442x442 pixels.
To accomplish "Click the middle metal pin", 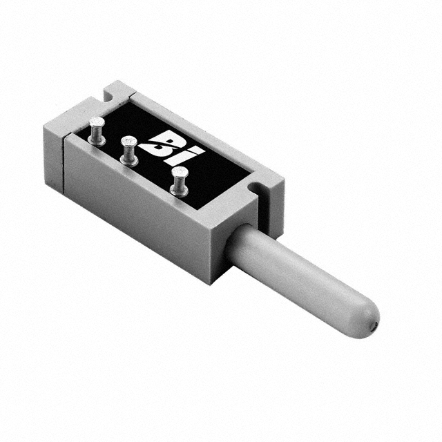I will (x=128, y=150).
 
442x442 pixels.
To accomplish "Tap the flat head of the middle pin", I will (x=128, y=142).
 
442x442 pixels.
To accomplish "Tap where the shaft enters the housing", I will (x=238, y=238).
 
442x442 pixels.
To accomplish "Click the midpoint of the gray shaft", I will (x=300, y=276).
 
